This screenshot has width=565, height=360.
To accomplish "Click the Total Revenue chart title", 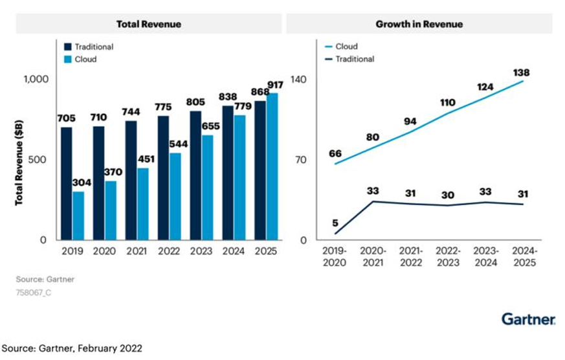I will tap(148, 24).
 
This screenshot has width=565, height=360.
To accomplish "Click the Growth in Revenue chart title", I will tap(419, 24).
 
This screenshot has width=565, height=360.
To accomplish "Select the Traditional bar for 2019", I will tap(66, 183).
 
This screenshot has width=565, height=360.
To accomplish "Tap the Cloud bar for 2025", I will tap(272, 166).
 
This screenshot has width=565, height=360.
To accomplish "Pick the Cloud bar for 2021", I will tap(143, 204).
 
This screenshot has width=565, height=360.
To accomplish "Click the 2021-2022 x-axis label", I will tap(411, 257).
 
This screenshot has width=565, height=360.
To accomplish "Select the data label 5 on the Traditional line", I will tap(335, 223).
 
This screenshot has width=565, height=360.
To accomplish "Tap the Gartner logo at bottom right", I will tap(528, 319).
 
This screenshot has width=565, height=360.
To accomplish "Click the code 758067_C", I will tap(34, 292).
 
